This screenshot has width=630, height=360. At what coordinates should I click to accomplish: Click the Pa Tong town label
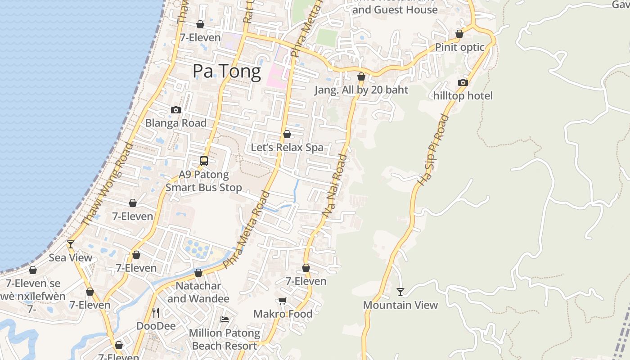[226, 72]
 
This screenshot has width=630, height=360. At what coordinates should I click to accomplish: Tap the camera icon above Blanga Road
[176, 110]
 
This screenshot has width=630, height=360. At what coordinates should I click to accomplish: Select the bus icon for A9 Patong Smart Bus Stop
[204, 161]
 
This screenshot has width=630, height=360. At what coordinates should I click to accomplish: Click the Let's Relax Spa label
[287, 147]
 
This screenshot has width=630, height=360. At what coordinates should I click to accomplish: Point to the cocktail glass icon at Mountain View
[400, 292]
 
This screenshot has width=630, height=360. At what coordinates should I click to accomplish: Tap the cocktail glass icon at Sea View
[71, 244]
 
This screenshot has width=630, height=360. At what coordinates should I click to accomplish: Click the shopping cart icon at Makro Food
[282, 301]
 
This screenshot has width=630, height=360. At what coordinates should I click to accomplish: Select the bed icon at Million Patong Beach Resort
[225, 319]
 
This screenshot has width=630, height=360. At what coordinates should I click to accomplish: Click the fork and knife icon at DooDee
[156, 312]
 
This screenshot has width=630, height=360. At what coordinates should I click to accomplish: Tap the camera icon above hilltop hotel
[463, 82]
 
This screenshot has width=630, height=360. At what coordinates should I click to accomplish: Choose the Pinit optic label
[459, 47]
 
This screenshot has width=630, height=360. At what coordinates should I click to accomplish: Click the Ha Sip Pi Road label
[433, 150]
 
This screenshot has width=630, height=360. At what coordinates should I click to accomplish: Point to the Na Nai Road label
[335, 187]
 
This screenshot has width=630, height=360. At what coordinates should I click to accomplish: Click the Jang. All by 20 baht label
[361, 90]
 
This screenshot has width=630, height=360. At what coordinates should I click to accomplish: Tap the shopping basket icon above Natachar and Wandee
[198, 273]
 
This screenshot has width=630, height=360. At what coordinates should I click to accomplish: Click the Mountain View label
[400, 305]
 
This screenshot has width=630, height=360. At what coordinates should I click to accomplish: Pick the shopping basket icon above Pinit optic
[459, 34]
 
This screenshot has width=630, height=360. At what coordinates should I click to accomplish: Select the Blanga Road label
[176, 123]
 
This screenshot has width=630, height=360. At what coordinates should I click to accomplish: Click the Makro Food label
[283, 314]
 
